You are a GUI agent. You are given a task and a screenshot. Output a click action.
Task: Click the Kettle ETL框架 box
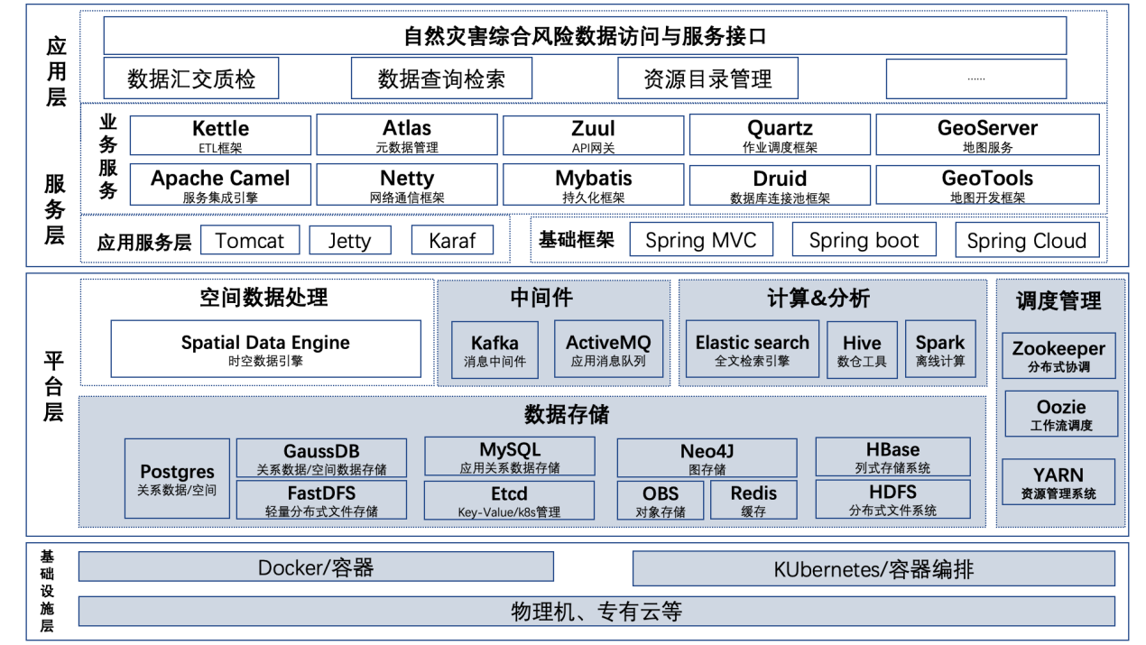coord(220,135)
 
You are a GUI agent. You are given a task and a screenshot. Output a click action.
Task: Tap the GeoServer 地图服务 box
coord(987,135)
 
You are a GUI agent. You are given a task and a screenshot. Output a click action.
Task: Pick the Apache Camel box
coord(220,185)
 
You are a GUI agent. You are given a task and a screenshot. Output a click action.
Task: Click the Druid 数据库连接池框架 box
coord(779,185)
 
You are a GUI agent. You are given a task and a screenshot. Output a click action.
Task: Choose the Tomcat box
coord(250,241)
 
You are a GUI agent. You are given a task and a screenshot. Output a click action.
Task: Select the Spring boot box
coord(864,241)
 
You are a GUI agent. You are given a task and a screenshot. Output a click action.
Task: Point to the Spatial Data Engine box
coord(265,349)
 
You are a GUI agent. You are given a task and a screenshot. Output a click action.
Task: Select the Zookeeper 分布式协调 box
coord(1058,355)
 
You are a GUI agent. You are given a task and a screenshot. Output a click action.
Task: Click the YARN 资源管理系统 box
coord(1058,482)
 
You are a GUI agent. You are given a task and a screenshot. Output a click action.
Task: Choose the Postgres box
coord(177,479)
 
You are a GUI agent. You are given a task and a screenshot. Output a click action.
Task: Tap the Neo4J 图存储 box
coord(707,458)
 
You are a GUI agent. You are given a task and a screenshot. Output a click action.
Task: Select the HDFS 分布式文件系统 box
coord(892,499)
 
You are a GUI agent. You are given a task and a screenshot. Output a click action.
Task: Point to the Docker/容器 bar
coord(316,567)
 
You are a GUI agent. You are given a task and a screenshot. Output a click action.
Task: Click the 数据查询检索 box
coord(441,78)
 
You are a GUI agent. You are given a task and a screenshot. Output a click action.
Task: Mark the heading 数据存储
coord(567,415)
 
